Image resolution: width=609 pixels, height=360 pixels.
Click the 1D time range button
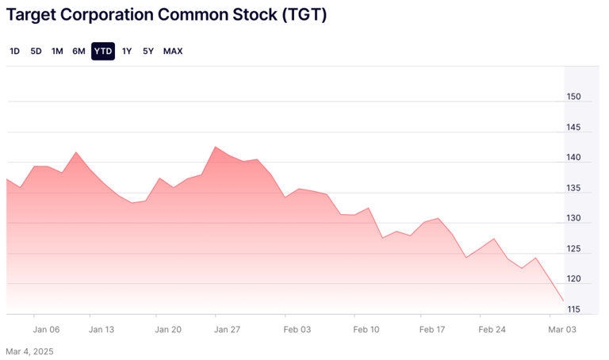(15, 52)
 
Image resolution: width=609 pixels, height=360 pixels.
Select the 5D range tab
(36, 52)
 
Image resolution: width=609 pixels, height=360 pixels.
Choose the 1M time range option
(57, 52)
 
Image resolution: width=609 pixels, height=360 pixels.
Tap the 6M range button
(79, 52)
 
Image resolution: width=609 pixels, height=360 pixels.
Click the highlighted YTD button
(103, 52)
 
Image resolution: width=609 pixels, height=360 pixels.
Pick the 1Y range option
(127, 52)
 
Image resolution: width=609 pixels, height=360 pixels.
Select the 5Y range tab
(148, 52)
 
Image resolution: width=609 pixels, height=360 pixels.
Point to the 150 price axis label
(574, 98)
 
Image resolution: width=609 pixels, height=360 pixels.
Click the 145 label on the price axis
(574, 128)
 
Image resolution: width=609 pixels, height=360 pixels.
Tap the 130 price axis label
(574, 219)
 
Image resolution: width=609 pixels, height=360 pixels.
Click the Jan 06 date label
(47, 329)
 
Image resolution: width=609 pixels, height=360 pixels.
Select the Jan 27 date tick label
(228, 329)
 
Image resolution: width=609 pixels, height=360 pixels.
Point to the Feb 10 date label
(366, 329)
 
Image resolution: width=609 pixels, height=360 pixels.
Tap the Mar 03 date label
(562, 329)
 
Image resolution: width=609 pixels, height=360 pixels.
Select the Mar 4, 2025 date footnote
(29, 350)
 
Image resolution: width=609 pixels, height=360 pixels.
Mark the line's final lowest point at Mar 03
(563, 301)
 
